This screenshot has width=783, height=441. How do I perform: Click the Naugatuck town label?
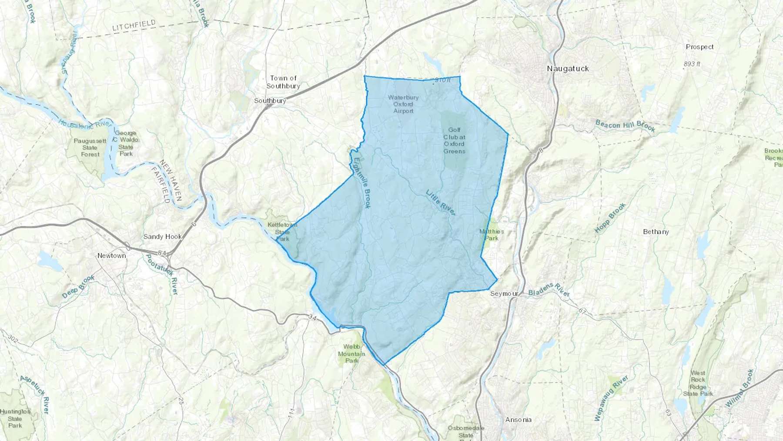pyautogui.click(x=568, y=69)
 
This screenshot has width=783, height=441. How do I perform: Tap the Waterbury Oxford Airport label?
pyautogui.click(x=403, y=104)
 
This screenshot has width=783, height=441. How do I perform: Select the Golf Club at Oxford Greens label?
pyautogui.click(x=454, y=141)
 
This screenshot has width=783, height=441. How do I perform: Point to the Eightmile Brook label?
pyautogui.click(x=362, y=183)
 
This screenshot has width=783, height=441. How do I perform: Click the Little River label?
pyautogui.click(x=441, y=202)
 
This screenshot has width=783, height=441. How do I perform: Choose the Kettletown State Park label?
pyautogui.click(x=282, y=232)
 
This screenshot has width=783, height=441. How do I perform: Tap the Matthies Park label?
pyautogui.click(x=492, y=235)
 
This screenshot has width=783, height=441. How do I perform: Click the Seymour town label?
pyautogui.click(x=504, y=294)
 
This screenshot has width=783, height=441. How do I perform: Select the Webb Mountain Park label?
pyautogui.click(x=352, y=353)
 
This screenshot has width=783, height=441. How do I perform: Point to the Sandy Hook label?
pyautogui.click(x=163, y=237)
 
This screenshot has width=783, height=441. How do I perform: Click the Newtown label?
pyautogui.click(x=111, y=256)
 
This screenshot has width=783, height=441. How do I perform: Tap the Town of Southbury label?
pyautogui.click(x=283, y=82)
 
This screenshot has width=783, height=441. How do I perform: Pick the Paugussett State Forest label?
pyautogui.click(x=90, y=148)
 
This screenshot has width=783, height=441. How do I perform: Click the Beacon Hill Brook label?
pyautogui.click(x=625, y=126)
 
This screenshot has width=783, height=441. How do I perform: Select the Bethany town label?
pyautogui.click(x=656, y=232)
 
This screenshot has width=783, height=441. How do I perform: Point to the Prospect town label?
pyautogui.click(x=699, y=47)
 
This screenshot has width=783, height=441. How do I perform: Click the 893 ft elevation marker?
pyautogui.click(x=692, y=64)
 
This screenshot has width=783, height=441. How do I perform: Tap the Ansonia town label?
pyautogui.click(x=518, y=420)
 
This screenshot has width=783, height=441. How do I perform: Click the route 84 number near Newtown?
pyautogui.click(x=162, y=253)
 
